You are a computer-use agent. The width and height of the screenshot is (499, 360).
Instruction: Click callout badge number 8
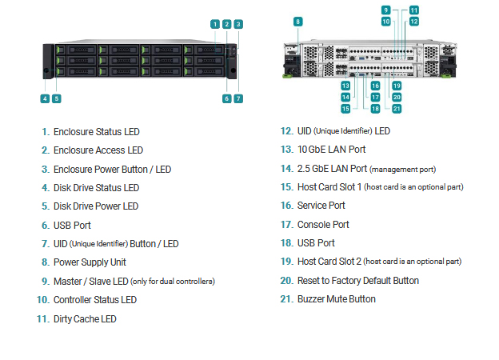[x=297, y=22]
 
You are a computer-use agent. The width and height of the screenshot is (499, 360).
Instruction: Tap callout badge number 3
[x=238, y=24]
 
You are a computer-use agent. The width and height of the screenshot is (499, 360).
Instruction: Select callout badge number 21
[x=397, y=109]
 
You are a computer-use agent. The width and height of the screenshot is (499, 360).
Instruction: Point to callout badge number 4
[x=45, y=98]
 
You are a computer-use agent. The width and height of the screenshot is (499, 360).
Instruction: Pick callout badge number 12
[x=413, y=22]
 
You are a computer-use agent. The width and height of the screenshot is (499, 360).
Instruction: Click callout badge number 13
[x=345, y=86]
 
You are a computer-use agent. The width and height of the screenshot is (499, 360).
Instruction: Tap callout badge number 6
[x=226, y=98]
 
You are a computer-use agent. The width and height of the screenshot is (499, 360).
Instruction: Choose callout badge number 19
[x=397, y=86]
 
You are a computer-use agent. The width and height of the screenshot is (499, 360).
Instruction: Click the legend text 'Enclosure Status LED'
[x=97, y=132]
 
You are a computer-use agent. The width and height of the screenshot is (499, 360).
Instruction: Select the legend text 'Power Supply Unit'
[x=90, y=262]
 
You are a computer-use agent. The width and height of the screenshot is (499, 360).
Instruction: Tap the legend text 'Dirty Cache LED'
[x=85, y=319]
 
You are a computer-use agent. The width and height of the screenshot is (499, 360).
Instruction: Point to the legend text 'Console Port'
[x=323, y=225]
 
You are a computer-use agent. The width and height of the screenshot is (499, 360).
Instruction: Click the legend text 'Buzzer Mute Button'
[x=337, y=299]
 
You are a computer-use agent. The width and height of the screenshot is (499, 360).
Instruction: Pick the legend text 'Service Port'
[x=321, y=206]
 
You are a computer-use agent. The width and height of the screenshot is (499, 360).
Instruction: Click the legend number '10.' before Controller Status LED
[x=43, y=300]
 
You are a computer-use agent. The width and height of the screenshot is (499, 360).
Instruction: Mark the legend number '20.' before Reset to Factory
[x=287, y=281]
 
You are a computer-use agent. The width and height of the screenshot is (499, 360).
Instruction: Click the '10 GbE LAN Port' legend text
[x=331, y=150]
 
